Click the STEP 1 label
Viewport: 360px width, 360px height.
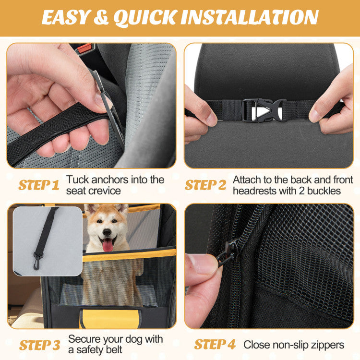[39, 185]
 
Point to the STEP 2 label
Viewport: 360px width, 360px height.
[205, 185]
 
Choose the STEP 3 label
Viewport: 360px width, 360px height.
[40, 345]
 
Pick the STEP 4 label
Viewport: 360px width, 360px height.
[215, 344]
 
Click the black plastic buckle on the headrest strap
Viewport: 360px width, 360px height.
[264, 110]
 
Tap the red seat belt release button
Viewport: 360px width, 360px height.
[84, 48]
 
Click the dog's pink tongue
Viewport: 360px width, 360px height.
[108, 245]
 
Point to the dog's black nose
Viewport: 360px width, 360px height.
[108, 230]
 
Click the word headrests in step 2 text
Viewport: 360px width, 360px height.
[255, 191]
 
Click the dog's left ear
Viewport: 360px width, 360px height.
[91, 209]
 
